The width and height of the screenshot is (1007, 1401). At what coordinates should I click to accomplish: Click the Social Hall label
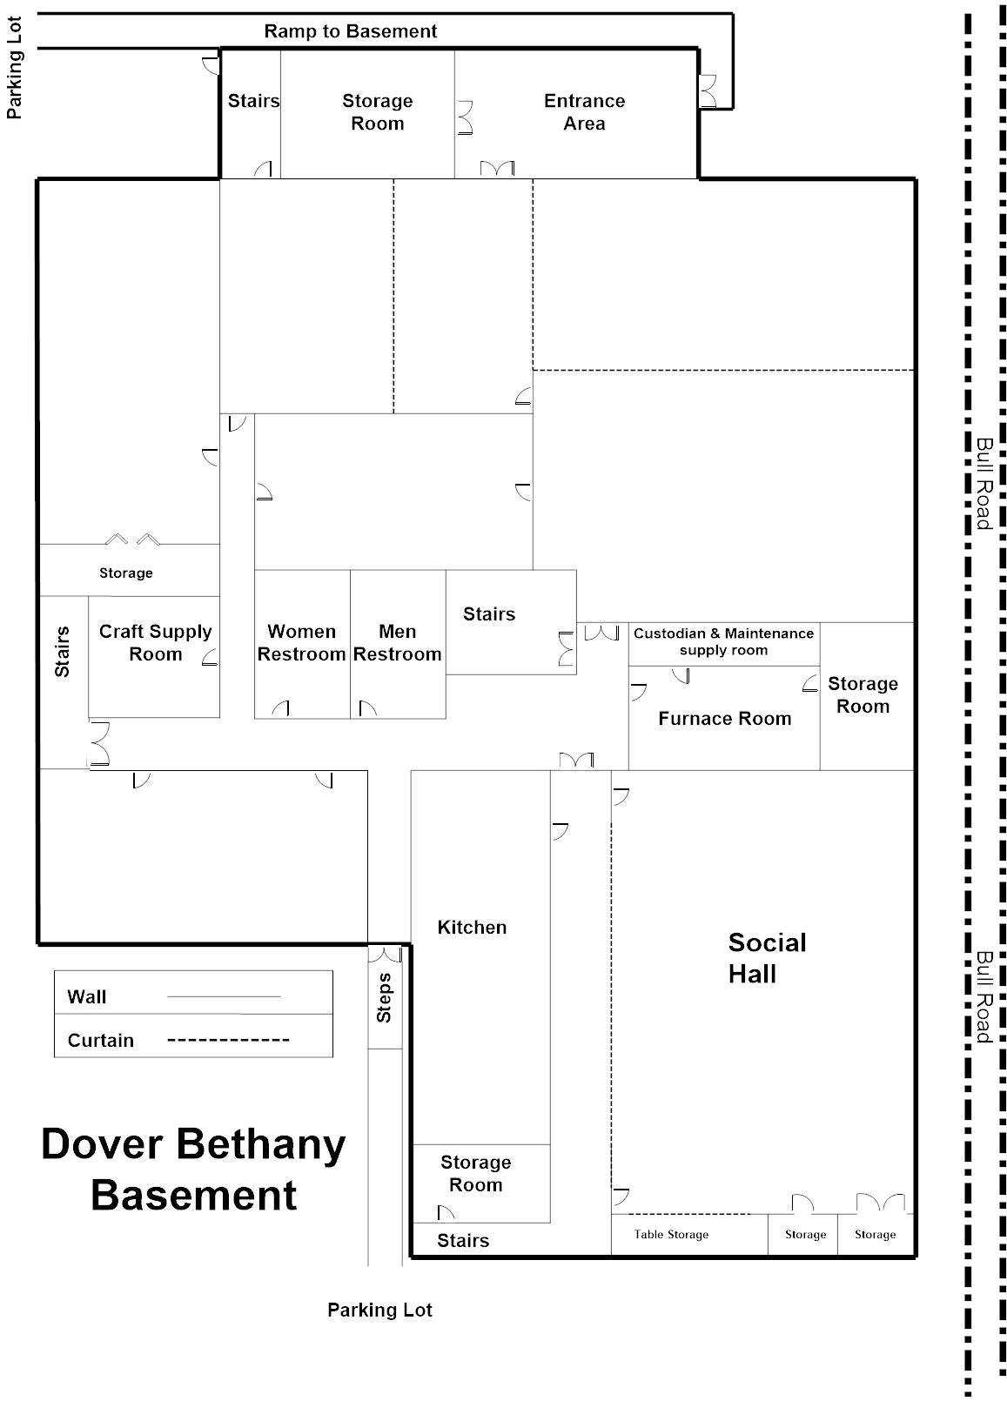click(767, 958)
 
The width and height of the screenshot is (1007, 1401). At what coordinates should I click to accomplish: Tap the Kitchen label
click(472, 928)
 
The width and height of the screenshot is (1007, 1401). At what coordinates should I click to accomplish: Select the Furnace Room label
click(724, 719)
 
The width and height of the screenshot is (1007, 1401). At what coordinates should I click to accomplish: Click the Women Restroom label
click(301, 643)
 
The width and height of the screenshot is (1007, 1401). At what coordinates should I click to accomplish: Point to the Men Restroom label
click(398, 643)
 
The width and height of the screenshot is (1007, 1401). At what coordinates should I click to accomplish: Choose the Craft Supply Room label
click(155, 643)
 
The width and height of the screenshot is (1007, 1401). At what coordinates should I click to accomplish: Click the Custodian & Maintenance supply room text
click(723, 642)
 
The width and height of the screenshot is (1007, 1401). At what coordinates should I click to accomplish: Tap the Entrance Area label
click(584, 112)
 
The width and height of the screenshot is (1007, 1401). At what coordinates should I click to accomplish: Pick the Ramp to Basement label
click(350, 32)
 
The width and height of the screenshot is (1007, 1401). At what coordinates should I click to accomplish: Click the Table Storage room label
click(671, 1235)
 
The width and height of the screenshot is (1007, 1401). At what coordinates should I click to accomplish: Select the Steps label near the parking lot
click(384, 997)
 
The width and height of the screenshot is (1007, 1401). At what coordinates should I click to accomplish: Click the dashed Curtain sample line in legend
click(228, 1040)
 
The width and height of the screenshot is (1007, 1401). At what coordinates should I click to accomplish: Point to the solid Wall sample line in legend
click(224, 996)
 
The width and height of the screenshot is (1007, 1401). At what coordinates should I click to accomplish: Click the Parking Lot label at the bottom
click(379, 1311)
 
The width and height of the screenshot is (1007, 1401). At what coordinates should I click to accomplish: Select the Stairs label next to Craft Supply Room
click(63, 651)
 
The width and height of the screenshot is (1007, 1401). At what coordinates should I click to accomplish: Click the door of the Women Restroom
click(280, 708)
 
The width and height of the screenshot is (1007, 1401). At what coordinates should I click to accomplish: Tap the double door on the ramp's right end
click(708, 91)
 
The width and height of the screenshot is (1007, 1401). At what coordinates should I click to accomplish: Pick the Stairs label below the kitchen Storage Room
click(462, 1241)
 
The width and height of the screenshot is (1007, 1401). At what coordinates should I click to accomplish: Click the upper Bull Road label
click(984, 483)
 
